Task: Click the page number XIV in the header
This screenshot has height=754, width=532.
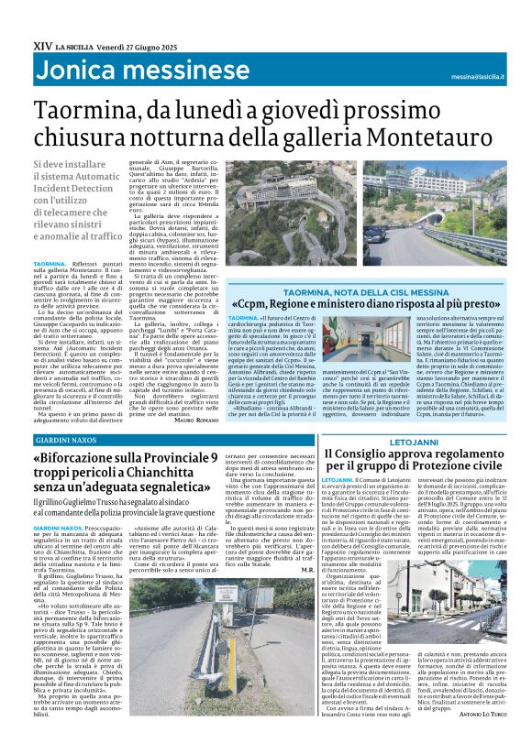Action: pos(41,45)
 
